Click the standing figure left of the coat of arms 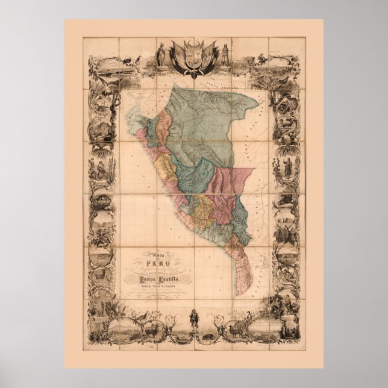[x=160, y=54]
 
